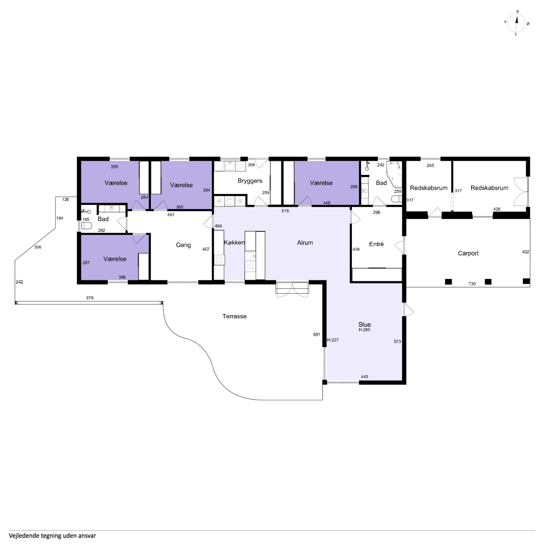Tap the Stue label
tap(364, 324)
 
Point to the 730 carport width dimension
tap(472, 284)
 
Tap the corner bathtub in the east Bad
tap(394, 174)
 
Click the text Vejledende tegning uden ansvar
tap(52, 535)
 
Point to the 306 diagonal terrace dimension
tap(38, 247)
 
